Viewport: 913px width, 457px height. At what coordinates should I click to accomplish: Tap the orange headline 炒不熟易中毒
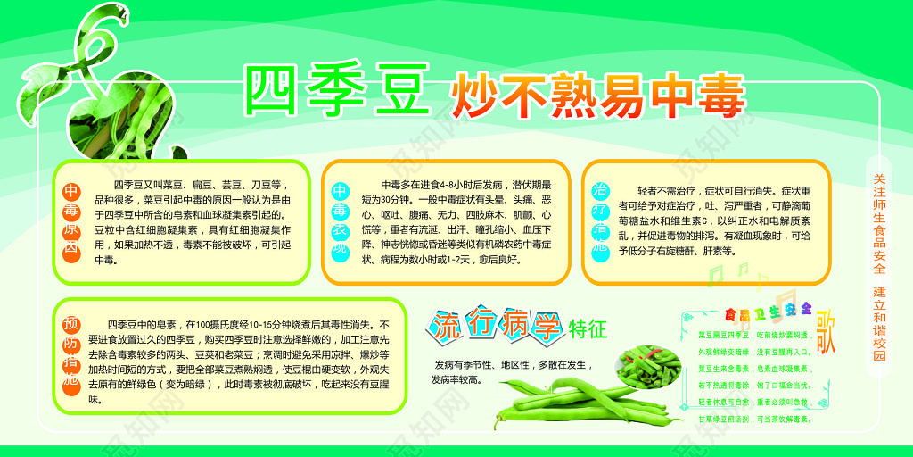click(597, 96)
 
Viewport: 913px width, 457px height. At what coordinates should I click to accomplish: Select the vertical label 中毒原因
click(71, 224)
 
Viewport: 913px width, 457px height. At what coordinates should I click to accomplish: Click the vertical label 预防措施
click(71, 356)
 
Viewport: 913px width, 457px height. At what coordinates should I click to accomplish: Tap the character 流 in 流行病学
click(449, 328)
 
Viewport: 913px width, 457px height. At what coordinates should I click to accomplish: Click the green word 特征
click(588, 328)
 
